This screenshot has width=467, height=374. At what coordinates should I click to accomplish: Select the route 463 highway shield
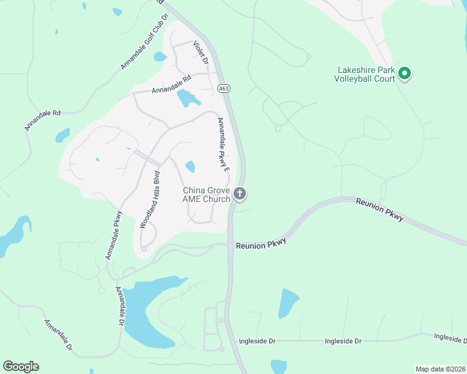point(224,89)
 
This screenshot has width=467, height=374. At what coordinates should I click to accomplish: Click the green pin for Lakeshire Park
point(405,74)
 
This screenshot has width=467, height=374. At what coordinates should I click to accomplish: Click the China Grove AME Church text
point(206,194)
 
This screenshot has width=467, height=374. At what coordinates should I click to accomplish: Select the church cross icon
point(240,194)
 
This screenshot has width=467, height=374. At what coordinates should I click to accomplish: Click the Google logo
point(21,366)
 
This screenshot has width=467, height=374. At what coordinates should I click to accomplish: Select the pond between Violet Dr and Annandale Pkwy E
point(188,98)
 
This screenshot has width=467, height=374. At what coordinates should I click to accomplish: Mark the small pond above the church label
point(190,166)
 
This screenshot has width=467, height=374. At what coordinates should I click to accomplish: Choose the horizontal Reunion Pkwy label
point(260,245)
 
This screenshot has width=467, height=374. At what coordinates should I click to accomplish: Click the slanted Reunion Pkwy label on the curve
point(380,210)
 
